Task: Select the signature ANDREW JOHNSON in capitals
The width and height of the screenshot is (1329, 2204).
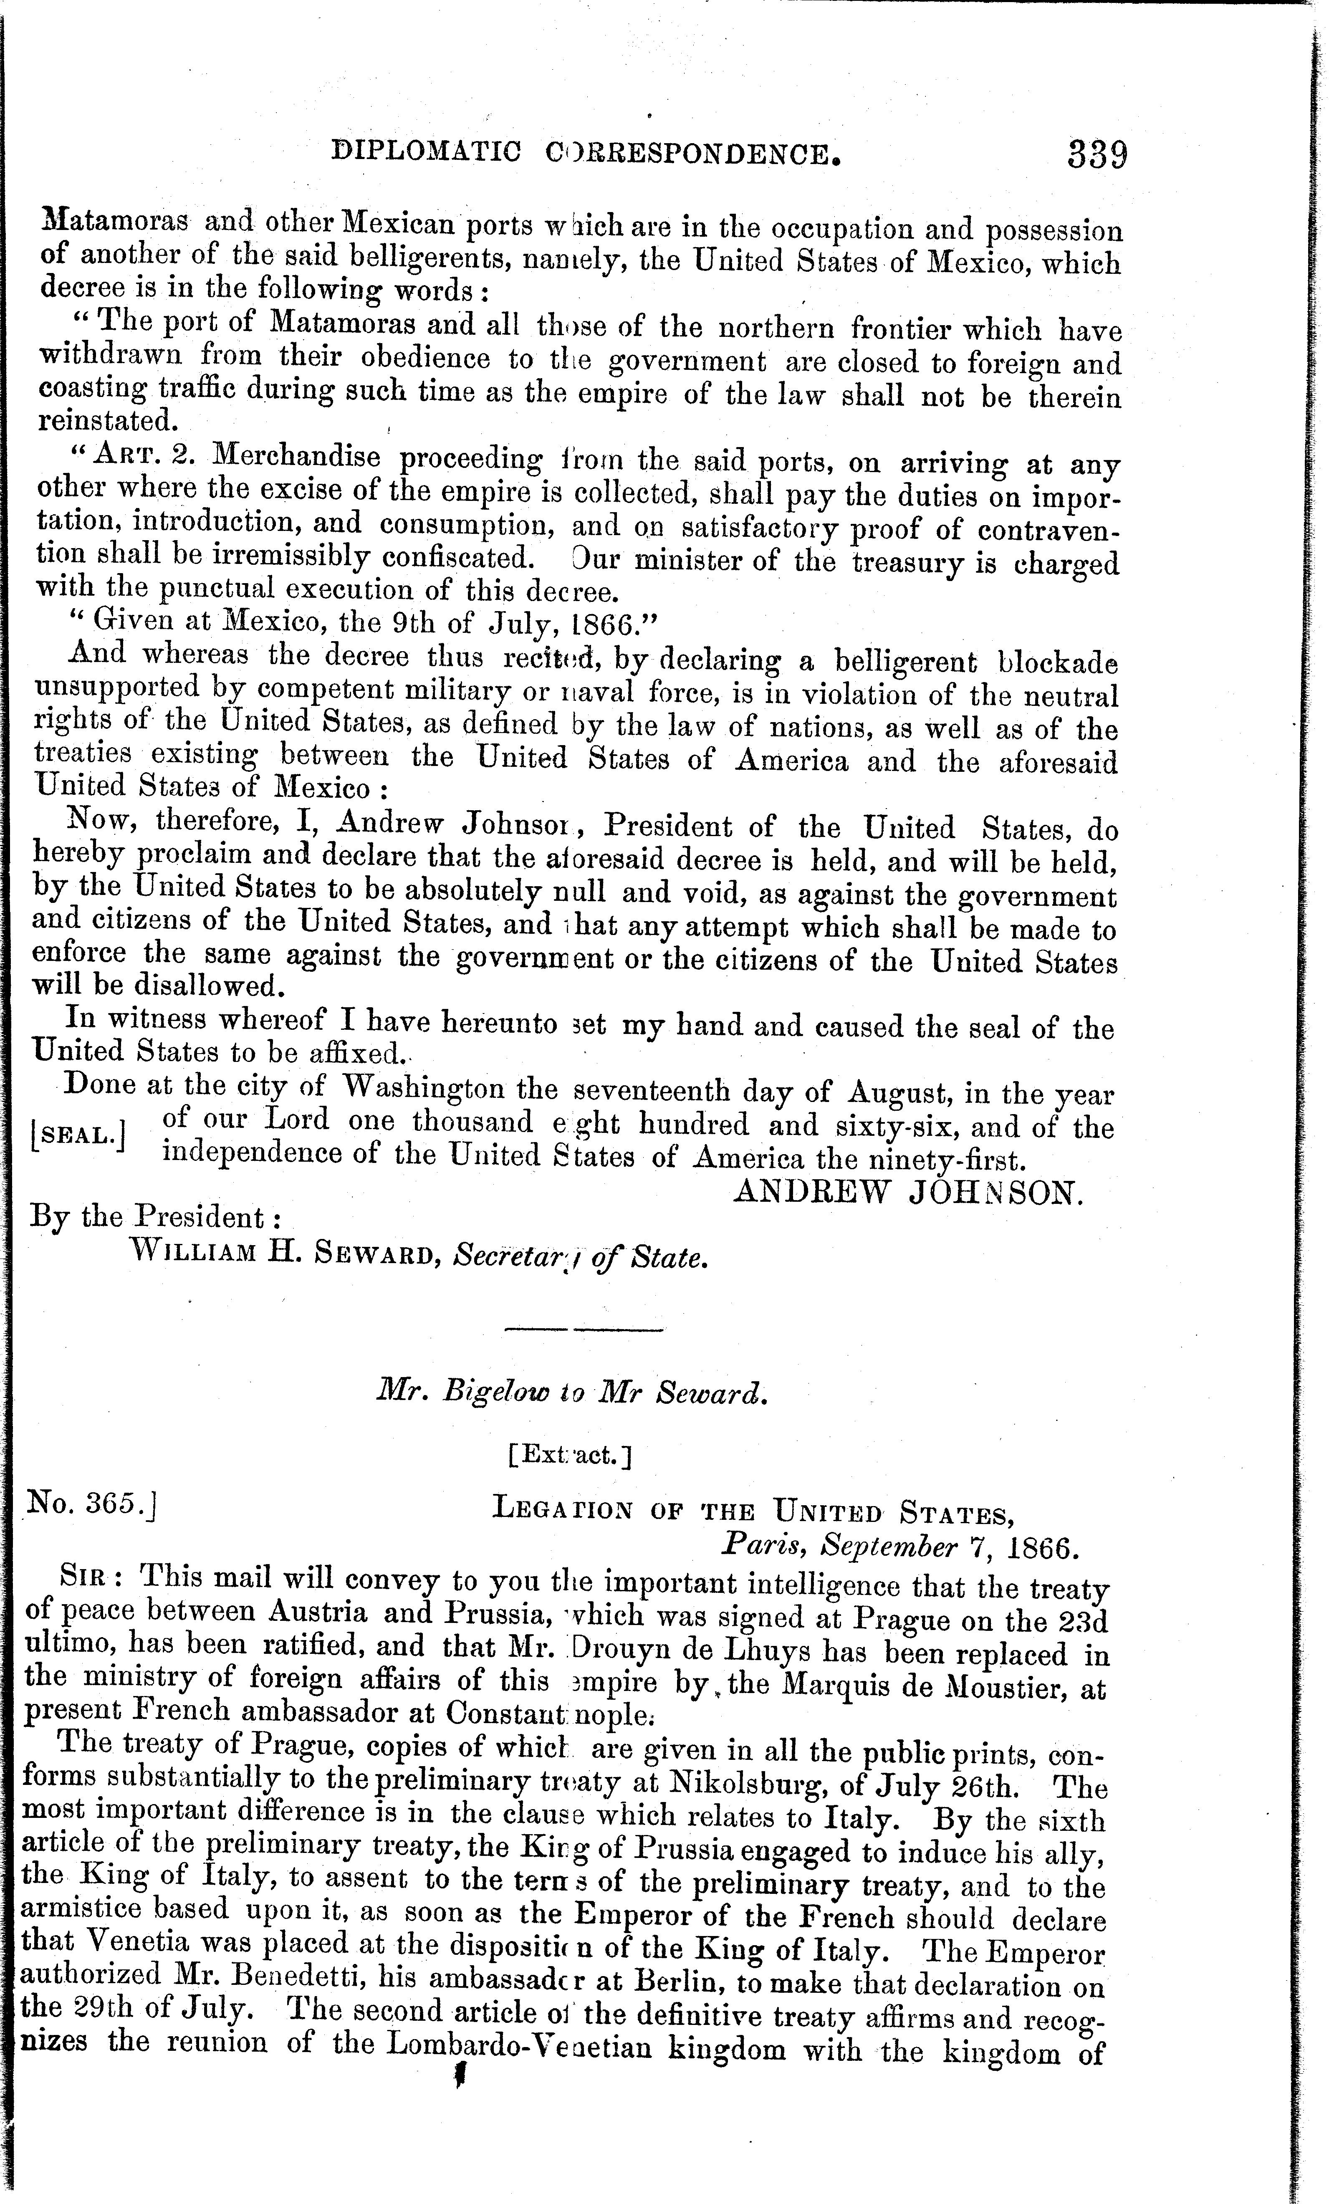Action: (908, 1193)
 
